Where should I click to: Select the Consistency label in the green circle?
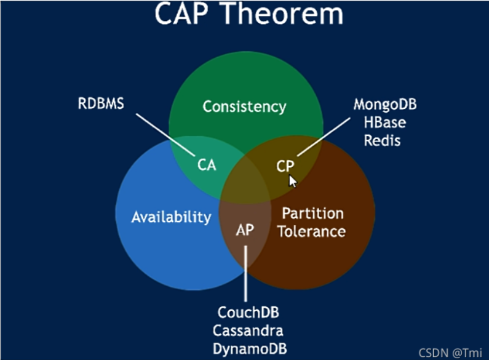click(244, 106)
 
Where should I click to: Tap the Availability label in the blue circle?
click(171, 217)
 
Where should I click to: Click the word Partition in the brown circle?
click(312, 214)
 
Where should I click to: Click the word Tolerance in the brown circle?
click(311, 232)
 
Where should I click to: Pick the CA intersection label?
click(207, 165)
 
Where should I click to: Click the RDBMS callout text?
click(101, 103)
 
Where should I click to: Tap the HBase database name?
click(385, 122)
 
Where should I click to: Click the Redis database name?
click(382, 140)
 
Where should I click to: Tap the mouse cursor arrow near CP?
click(293, 181)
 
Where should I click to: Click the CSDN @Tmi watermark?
click(450, 353)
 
